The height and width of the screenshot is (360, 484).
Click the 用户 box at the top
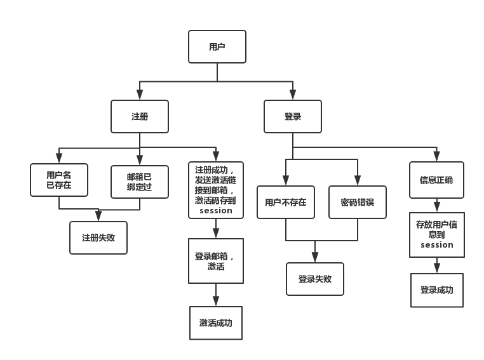coord(217,47)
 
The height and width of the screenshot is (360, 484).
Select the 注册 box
coord(140,117)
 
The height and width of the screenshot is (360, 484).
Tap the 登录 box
coord(293,117)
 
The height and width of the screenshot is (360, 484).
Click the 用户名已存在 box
coord(59,180)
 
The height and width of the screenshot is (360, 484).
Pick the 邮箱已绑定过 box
coord(140,182)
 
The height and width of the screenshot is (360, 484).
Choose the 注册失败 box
coord(98,238)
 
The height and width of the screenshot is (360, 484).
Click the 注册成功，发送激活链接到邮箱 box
coord(216,190)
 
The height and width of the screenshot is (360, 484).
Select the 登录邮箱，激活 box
coord(216,261)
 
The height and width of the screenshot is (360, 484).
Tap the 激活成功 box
coord(216,323)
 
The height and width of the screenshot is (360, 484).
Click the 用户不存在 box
coord(286,203)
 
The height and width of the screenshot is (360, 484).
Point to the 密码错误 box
coord(358,203)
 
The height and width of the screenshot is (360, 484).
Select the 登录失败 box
coord(315,279)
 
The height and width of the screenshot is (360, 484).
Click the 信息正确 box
coord(436,180)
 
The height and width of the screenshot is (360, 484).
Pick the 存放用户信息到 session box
coord(437,235)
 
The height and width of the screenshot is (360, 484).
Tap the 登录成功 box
coord(437,290)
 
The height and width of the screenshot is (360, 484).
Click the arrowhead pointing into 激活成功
coord(216,302)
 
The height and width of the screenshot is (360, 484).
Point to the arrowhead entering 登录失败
coord(315,258)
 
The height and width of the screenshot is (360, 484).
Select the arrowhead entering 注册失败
coord(98,217)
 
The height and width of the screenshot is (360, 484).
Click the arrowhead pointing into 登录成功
coord(437,269)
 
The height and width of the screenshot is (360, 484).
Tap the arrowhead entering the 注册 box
coord(140,96)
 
